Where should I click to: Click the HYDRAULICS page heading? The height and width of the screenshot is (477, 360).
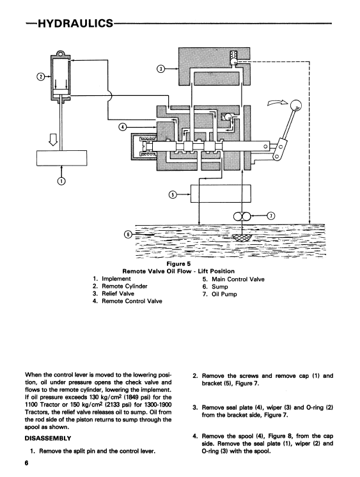(75, 23)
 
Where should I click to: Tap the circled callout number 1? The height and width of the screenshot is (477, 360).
(61, 182)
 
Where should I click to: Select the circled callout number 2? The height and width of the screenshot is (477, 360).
(41, 77)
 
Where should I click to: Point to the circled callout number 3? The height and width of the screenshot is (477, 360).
(160, 69)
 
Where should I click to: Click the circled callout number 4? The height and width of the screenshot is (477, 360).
(122, 127)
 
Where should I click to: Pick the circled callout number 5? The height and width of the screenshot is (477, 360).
(173, 194)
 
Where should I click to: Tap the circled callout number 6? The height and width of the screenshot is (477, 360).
(129, 235)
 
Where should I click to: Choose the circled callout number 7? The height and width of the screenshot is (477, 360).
(270, 216)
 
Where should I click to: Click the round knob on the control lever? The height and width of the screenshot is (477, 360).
(295, 106)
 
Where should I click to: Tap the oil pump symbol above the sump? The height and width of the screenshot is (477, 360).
(242, 217)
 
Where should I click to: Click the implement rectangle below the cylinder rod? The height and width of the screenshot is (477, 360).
(62, 158)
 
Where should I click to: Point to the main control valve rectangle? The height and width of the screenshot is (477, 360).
(221, 193)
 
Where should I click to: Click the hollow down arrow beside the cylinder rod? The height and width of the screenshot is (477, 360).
(53, 139)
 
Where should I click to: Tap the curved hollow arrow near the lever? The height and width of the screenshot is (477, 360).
(278, 103)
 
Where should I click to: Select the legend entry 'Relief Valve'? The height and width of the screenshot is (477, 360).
(118, 293)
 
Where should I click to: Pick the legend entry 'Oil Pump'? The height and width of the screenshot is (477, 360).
(224, 294)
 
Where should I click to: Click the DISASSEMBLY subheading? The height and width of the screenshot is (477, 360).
(48, 439)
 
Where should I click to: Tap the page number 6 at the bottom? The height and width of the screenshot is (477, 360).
(26, 463)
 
